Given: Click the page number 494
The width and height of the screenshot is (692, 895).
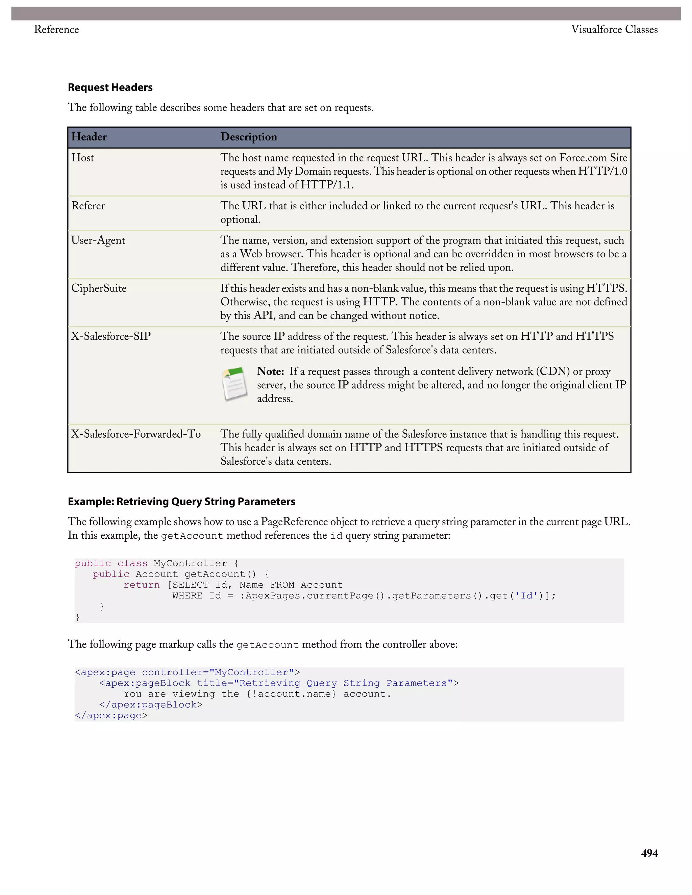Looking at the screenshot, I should (x=649, y=853).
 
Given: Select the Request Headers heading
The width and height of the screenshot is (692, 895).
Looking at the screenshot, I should (x=110, y=87).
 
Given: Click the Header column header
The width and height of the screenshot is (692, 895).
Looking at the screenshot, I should (x=89, y=137).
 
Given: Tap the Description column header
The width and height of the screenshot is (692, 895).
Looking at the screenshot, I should (x=248, y=137).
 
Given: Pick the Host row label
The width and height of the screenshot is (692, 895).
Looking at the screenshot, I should (x=82, y=158).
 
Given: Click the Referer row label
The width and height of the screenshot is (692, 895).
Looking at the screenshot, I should (x=88, y=206).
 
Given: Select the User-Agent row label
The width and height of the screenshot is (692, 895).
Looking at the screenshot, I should (x=98, y=240).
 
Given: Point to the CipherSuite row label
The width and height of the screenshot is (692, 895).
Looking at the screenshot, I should (x=99, y=288).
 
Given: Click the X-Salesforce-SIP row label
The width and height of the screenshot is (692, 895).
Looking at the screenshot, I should (x=111, y=336).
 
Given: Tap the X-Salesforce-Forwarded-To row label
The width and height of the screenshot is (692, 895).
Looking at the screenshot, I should (x=136, y=434).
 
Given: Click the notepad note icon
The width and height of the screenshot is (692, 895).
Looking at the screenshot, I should (x=234, y=384).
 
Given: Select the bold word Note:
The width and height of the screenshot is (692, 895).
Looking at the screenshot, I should (x=270, y=371).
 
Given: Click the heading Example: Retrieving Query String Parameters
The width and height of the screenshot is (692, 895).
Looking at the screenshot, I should (x=181, y=502).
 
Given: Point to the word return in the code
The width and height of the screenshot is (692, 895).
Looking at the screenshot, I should (x=142, y=585).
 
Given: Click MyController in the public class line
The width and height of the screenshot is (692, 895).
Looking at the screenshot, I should (x=190, y=563).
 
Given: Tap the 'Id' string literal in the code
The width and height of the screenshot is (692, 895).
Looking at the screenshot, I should (x=526, y=595).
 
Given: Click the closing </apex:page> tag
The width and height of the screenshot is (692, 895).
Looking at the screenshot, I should (x=111, y=716).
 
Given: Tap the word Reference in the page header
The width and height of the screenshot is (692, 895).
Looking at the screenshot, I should (x=56, y=29).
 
